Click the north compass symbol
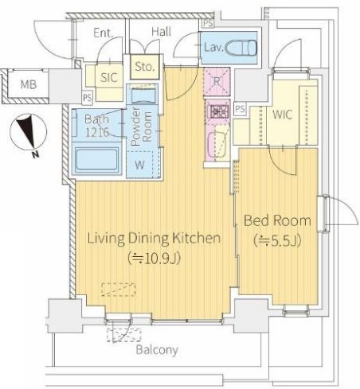point(28,132)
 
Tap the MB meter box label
point(29,84)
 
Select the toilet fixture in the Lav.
point(241,48)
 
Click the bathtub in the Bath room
point(97,159)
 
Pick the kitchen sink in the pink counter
point(217,145)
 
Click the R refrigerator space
point(217,81)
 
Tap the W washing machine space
point(140,165)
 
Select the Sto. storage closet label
point(144,67)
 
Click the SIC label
point(109,77)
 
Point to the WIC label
point(283,115)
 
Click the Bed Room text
point(277,220)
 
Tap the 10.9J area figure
point(155,258)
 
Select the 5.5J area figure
point(277,241)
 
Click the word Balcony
point(157,350)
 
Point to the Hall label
point(161,32)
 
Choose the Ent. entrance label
point(104,33)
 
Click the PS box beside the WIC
point(240,109)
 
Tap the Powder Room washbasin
point(143,96)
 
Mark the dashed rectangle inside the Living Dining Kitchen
point(119,290)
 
